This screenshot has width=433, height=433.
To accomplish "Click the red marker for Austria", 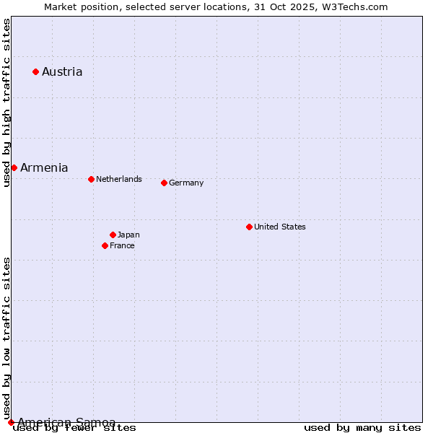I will pyautogui.click(x=35, y=71).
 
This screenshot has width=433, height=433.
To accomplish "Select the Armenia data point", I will pyautogui.click(x=14, y=167).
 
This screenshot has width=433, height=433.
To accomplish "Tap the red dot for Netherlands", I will pyautogui.click(x=91, y=179).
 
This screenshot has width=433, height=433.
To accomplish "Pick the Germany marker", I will pyautogui.click(x=164, y=183).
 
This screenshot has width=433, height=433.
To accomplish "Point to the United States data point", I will pyautogui.click(x=249, y=227).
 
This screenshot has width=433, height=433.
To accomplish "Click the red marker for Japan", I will pyautogui.click(x=113, y=235).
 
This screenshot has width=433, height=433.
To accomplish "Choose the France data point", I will pyautogui.click(x=105, y=245).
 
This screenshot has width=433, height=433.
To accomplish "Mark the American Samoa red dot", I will pyautogui.click(x=11, y=422).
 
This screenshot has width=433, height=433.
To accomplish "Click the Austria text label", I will pyautogui.click(x=62, y=71).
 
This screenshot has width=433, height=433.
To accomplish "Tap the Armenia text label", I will pyautogui.click(x=44, y=167).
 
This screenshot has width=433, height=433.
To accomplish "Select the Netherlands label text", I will pyautogui.click(x=119, y=179).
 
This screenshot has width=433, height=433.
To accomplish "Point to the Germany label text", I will pyautogui.click(x=186, y=183).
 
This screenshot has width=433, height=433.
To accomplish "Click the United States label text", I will pyautogui.click(x=280, y=227).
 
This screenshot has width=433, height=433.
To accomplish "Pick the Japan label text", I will pyautogui.click(x=128, y=235).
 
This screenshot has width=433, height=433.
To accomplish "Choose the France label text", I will pyautogui.click(x=122, y=245).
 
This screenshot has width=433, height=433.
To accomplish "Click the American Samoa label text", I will pyautogui.click(x=66, y=422).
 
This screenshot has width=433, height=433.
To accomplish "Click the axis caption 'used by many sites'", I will pyautogui.click(x=362, y=428).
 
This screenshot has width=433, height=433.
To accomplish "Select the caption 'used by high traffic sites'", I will pyautogui.click(x=6, y=102).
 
